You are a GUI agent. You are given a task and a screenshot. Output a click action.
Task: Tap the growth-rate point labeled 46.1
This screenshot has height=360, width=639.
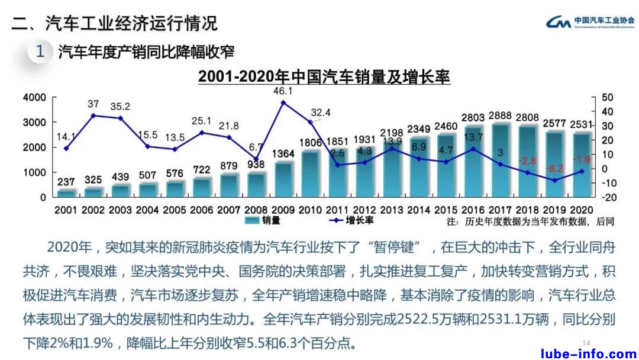tap(283, 102)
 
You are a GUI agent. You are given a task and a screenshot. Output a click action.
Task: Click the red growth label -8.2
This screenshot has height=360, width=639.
tap(554, 168)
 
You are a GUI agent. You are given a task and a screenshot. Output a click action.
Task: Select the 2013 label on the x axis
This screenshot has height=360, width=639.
tap(392, 210)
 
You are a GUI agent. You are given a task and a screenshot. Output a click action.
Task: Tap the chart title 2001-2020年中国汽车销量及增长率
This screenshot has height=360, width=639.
tap(324, 77)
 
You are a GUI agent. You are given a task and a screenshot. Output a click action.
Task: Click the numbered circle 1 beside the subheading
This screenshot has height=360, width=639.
tap(40, 52)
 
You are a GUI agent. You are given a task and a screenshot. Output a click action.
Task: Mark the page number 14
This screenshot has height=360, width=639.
tap(587, 343)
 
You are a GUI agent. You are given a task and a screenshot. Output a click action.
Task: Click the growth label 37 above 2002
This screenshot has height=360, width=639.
tap(93, 104)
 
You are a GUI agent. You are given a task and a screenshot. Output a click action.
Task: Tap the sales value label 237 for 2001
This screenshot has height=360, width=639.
tap(66, 182)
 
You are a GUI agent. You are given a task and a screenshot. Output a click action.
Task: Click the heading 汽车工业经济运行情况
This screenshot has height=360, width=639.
tap(131, 23)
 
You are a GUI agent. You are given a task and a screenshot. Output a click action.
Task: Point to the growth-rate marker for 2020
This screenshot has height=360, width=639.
tap(582, 171)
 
